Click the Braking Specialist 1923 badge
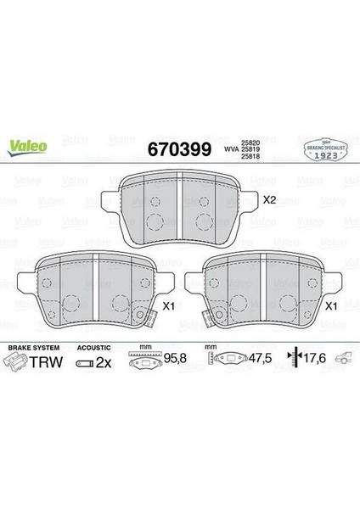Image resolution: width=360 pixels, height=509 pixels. (x=324, y=148)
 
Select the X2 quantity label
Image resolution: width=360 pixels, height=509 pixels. (x=269, y=200)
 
